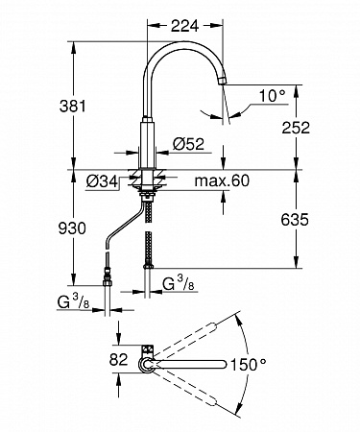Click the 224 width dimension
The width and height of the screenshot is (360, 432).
tap(184, 26)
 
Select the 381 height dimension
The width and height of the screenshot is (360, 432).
tap(73, 106)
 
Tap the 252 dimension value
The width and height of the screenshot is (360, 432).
tap(296, 128)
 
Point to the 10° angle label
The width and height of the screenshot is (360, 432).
tap(272, 95)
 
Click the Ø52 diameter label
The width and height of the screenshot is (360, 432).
tap(188, 144)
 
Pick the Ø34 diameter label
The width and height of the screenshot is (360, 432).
tap(102, 181)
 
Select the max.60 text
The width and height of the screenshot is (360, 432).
tap(222, 180)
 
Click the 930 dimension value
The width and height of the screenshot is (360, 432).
tap(72, 228)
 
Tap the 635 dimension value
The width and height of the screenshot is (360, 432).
tap(295, 220)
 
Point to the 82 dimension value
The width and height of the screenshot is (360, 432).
tap(118, 359)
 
